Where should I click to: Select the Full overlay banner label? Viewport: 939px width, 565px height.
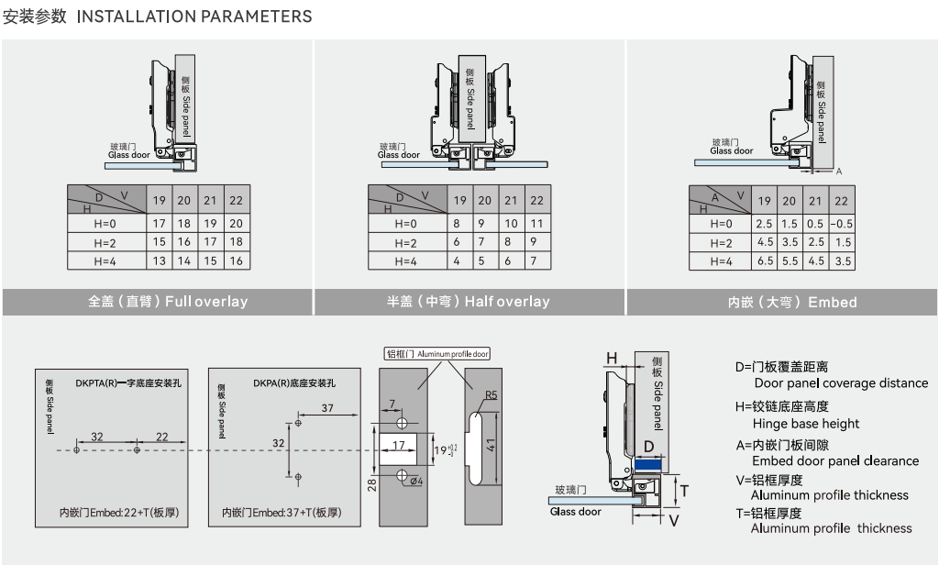click(168, 301)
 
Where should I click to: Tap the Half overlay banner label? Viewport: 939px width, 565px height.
click(468, 301)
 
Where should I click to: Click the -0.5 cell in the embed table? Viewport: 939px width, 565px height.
click(841, 224)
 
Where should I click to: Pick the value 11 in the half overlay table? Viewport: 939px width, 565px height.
click(536, 223)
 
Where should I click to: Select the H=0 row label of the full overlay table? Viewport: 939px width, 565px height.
click(106, 223)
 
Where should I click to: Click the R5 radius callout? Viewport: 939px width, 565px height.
click(492, 395)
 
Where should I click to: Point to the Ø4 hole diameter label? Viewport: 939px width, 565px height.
click(415, 482)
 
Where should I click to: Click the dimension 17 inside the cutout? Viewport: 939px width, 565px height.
click(398, 445)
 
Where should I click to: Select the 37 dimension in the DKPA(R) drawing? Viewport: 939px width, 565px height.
click(327, 407)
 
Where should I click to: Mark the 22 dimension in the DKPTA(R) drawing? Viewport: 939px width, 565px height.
click(161, 438)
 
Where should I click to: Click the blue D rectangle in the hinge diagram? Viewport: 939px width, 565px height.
click(648, 465)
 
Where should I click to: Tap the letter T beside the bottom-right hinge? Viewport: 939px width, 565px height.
click(683, 491)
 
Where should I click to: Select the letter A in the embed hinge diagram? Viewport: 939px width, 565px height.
click(838, 172)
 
